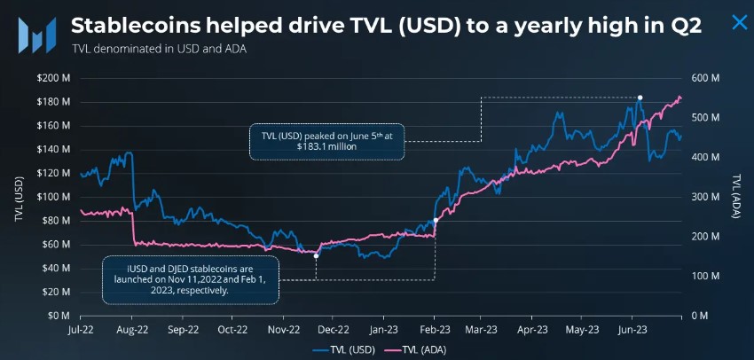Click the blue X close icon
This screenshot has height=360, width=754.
pos(738,22)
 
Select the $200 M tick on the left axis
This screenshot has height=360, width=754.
pos(52,78)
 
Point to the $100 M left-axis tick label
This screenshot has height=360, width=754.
pos(52,197)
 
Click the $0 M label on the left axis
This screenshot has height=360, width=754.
pos(58,316)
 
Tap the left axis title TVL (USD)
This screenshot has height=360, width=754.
pos(18,197)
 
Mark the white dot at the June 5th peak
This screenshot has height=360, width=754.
pos(640,98)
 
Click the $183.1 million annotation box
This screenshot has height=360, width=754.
pos(326,141)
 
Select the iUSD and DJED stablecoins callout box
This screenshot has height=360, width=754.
pos(191,277)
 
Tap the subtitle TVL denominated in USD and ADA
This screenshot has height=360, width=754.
pos(157,50)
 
